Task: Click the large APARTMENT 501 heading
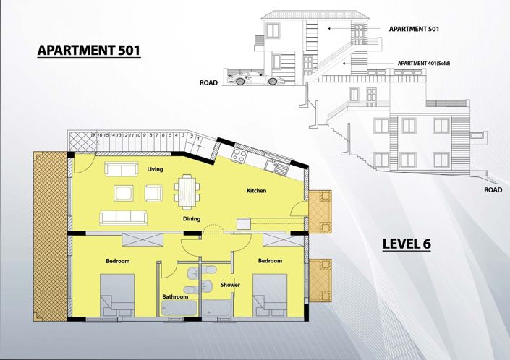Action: click(x=88, y=51)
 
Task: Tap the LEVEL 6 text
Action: click(x=407, y=244)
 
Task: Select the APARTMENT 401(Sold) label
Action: click(x=424, y=64)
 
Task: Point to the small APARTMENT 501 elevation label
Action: click(x=415, y=29)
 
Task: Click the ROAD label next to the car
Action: click(x=209, y=83)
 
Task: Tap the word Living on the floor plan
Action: click(x=154, y=170)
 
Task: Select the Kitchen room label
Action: click(x=257, y=191)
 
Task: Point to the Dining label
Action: click(x=192, y=218)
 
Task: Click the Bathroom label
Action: click(x=175, y=296)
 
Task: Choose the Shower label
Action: click(x=230, y=284)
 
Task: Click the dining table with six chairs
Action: click(x=187, y=192)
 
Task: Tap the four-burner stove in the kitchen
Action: click(x=239, y=155)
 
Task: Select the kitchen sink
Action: click(x=271, y=166)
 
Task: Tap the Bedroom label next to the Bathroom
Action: click(x=117, y=261)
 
